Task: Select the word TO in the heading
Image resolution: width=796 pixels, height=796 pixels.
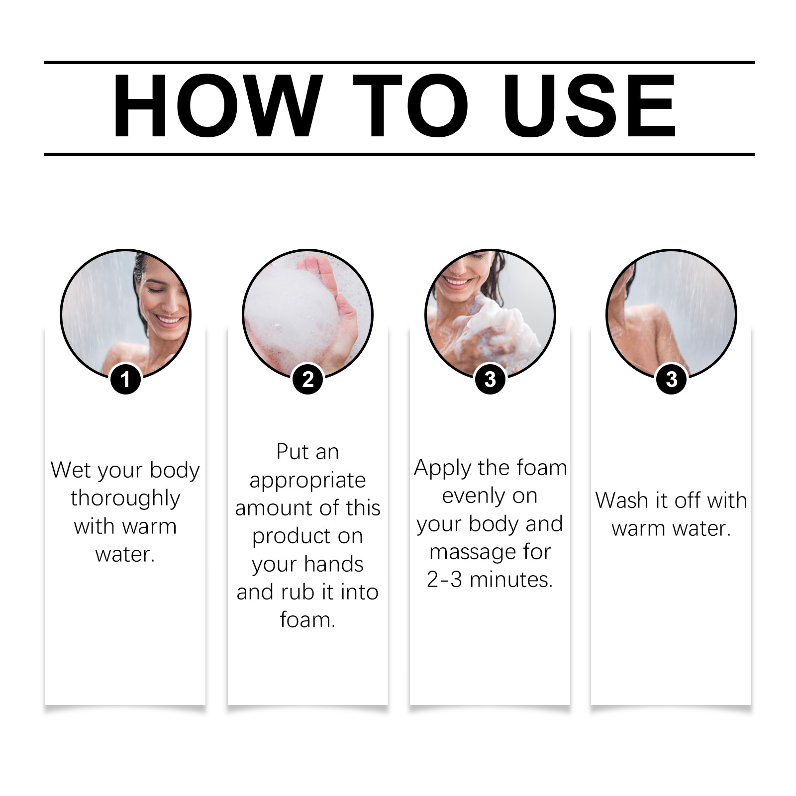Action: (x=410, y=105)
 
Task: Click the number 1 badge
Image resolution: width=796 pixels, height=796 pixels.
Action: (x=125, y=379)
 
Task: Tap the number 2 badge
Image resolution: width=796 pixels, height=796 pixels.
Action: (x=307, y=379)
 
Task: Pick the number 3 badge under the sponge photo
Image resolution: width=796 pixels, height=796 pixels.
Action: (x=490, y=379)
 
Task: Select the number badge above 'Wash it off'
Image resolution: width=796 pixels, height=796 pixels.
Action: (x=672, y=379)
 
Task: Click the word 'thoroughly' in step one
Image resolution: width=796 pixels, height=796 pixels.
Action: (x=125, y=498)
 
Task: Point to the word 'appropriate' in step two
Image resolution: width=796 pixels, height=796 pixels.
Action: (x=307, y=480)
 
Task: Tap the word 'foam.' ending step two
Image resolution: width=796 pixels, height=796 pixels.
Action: (x=307, y=620)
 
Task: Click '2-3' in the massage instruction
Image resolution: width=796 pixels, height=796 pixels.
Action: (x=444, y=580)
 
